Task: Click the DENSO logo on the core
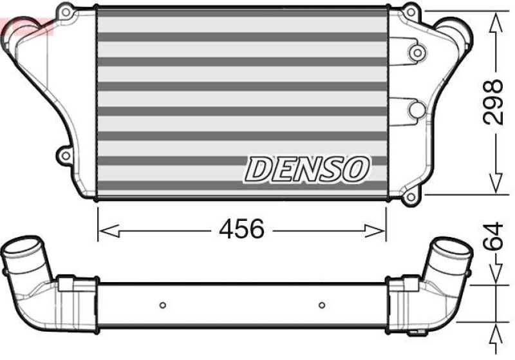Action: [306, 169]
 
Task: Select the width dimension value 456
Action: [241, 229]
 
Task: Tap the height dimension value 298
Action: [494, 102]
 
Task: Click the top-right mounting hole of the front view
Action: [410, 10]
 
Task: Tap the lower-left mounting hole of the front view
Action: [64, 155]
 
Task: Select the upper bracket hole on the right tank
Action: [417, 52]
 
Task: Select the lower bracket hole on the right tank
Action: [417, 111]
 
